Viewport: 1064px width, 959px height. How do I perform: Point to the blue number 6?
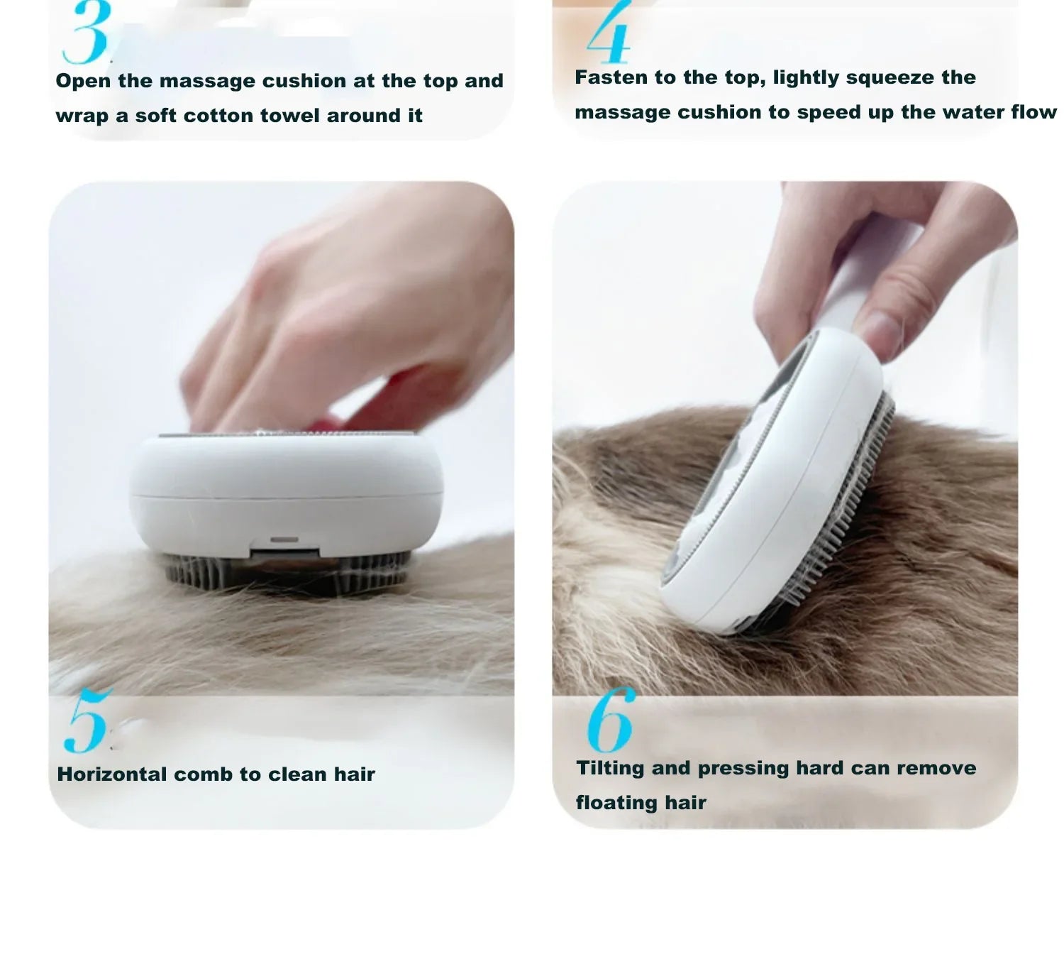tap(609, 720)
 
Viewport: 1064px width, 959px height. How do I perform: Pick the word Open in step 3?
tap(84, 81)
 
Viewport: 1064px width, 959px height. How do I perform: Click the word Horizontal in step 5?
tap(112, 774)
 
